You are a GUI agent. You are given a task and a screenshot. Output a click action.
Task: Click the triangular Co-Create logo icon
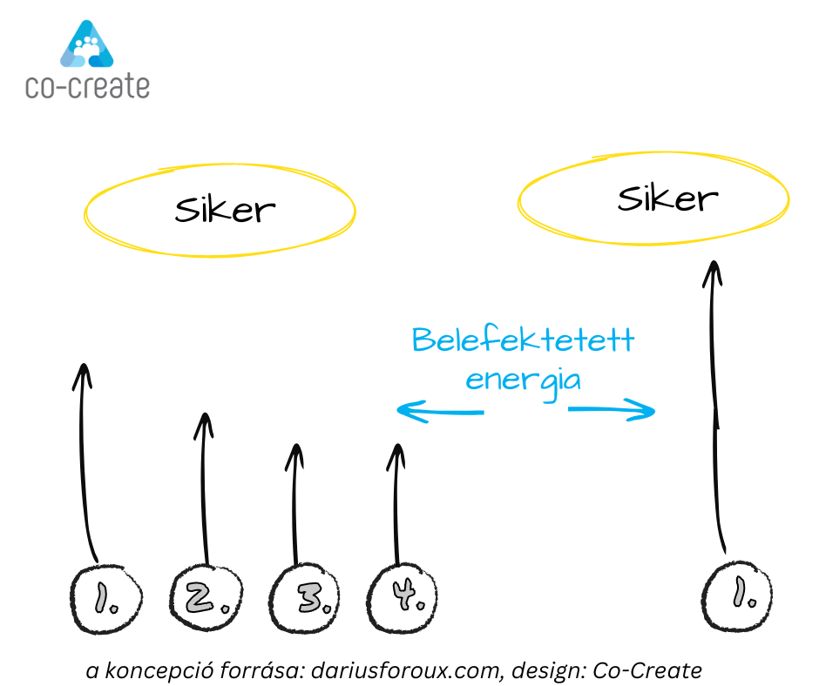tap(87, 45)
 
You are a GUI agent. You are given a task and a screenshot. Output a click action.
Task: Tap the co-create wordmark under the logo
tap(87, 87)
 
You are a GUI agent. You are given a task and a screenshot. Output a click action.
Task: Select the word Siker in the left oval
tap(225, 210)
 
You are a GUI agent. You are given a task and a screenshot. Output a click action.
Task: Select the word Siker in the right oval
tap(667, 199)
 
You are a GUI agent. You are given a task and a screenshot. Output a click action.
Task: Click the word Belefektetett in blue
tap(523, 340)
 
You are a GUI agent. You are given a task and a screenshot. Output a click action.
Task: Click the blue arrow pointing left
tap(439, 410)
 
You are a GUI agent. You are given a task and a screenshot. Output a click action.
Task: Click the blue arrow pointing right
tap(612, 410)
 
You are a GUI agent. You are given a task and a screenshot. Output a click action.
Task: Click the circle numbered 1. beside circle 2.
tap(105, 598)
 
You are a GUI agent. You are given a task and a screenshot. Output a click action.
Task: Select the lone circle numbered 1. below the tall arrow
tap(738, 596)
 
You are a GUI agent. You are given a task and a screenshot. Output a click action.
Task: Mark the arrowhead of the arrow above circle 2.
tap(204, 422)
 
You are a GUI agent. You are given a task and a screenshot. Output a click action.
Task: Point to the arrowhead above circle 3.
tap(296, 453)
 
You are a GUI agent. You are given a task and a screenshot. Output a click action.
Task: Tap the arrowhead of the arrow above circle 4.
tap(397, 453)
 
